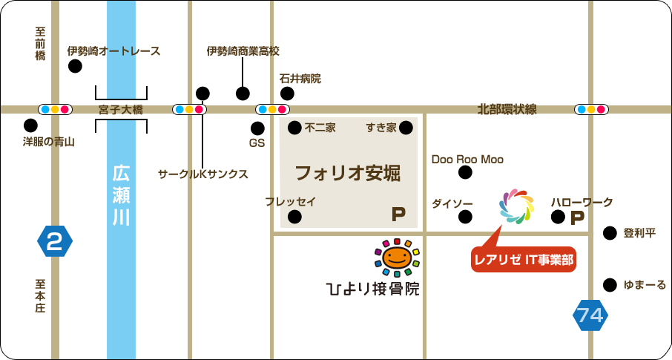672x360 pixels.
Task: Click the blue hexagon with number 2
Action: point(55,240)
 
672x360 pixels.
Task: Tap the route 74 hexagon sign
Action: point(590,315)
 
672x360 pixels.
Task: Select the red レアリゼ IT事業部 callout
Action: point(524,259)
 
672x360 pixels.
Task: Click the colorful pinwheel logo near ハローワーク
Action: point(516,206)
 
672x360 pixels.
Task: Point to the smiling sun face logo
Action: point(397,257)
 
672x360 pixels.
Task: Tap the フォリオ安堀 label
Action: point(347,174)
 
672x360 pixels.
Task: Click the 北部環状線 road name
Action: point(507,110)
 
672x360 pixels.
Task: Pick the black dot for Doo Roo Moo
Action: point(465,173)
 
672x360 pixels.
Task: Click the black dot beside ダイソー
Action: point(465,217)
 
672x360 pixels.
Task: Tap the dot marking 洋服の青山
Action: point(30,125)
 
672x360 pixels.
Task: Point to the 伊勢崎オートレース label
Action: point(113,51)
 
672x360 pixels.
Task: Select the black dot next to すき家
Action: point(406,128)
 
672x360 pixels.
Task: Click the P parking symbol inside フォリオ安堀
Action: point(399,215)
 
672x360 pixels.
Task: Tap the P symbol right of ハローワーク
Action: point(577,217)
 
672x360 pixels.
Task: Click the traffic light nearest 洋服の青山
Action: point(55,109)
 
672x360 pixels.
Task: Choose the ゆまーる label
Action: point(645,284)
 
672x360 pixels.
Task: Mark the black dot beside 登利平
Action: point(610,233)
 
